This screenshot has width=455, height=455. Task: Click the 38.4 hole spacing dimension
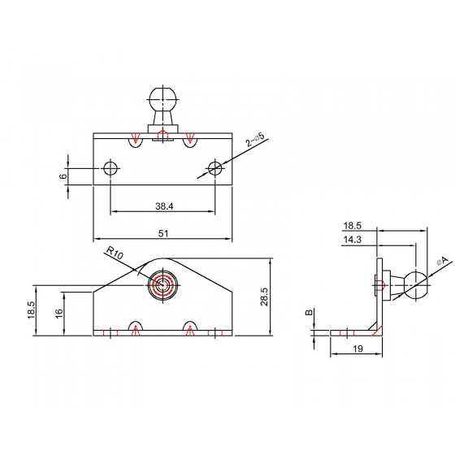tap(164, 206)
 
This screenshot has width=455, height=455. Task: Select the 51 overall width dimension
tap(163, 234)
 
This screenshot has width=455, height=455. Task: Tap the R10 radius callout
tap(115, 253)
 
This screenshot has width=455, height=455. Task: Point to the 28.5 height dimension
tap(264, 297)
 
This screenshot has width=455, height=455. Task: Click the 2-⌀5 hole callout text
tap(255, 139)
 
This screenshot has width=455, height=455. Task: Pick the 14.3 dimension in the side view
tap(353, 240)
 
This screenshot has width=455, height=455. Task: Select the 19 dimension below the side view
tap(358, 349)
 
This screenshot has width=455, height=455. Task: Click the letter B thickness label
tap(310, 312)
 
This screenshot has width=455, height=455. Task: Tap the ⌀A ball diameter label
tap(443, 261)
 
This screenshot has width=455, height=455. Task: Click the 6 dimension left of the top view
tap(63, 176)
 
